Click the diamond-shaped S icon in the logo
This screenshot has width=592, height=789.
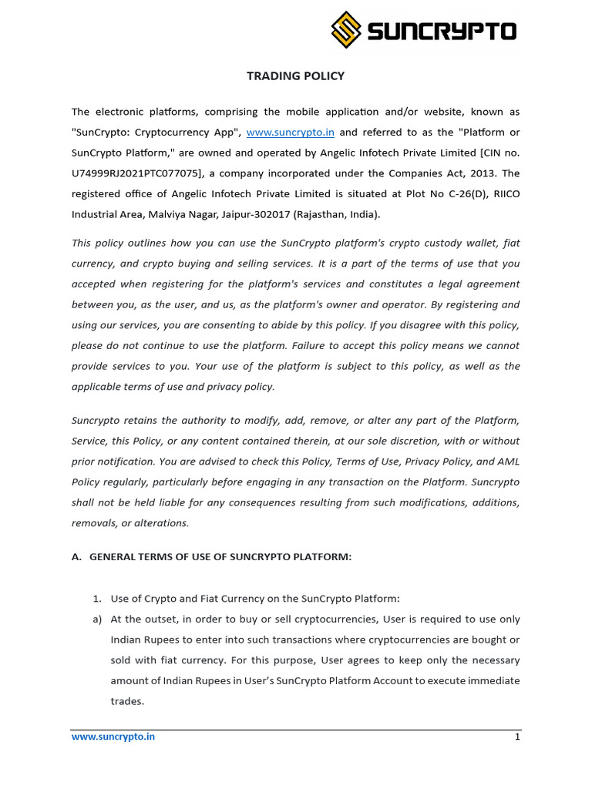tap(347, 31)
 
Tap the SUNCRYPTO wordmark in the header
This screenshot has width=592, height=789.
tap(442, 32)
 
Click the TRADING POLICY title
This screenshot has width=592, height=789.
tap(295, 76)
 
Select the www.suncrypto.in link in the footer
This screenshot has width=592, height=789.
tap(113, 737)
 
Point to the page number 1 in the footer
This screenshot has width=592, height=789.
tap(517, 737)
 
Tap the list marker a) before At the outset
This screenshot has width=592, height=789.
tap(97, 619)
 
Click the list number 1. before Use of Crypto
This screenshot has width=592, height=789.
tap(97, 599)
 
